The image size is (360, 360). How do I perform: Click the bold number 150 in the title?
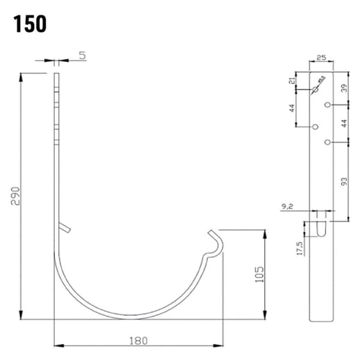tap(29, 23)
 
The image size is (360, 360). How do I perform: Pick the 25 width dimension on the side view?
tap(321, 60)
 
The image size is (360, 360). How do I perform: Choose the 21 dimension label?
tap(293, 83)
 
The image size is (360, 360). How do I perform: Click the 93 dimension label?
tap(345, 181)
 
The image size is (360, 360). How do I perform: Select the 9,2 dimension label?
tap(289, 206)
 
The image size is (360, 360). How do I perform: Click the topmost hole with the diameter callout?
tap(315, 90)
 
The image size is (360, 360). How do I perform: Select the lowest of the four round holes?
tap(327, 142)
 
